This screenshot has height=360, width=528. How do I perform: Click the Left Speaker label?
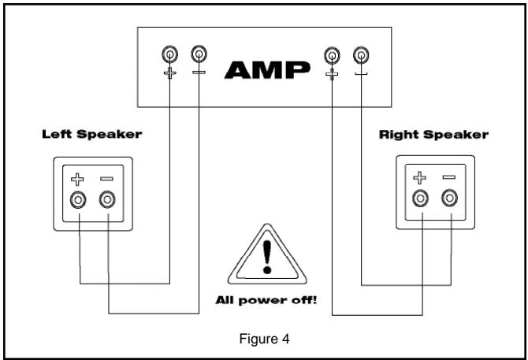point(91,134)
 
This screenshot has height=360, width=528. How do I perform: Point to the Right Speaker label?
point(433,134)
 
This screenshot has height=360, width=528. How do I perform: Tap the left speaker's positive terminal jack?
point(79,199)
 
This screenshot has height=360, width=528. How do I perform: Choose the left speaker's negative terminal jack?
point(107,199)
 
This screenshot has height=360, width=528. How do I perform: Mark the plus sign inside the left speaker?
point(79,178)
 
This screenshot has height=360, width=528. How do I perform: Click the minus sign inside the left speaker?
point(107,178)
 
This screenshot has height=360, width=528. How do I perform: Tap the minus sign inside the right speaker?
point(449,177)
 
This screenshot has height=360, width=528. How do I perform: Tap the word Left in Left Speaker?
point(56,134)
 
